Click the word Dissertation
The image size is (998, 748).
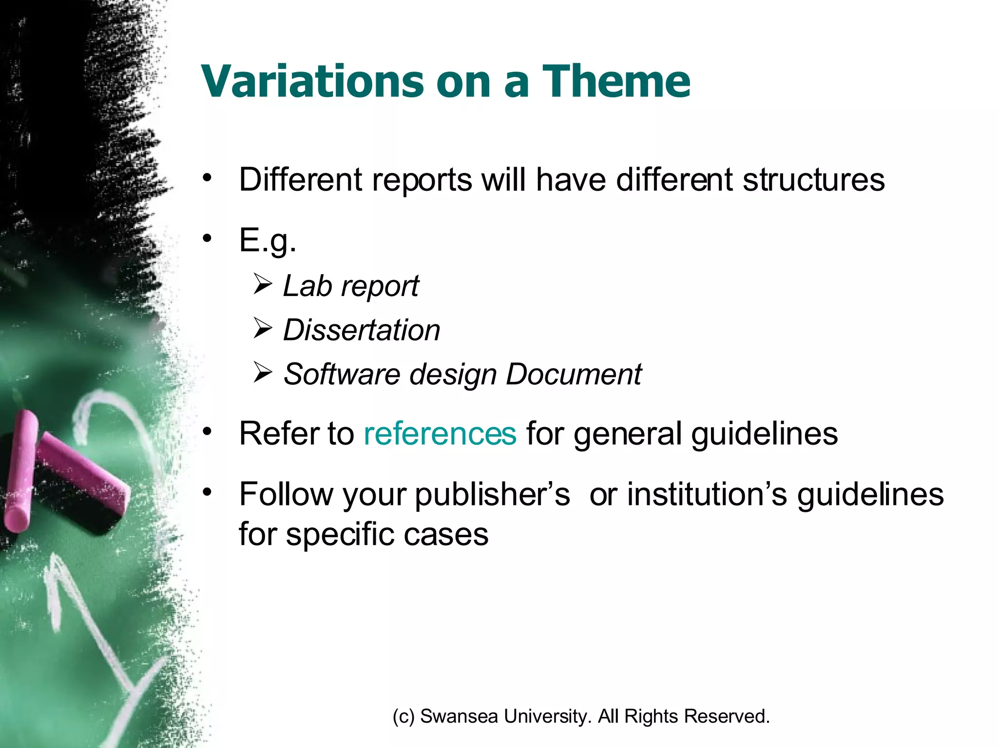click(x=362, y=330)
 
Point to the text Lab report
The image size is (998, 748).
click(x=351, y=286)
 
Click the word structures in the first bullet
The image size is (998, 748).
click(x=813, y=180)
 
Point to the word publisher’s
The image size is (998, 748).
click(x=492, y=494)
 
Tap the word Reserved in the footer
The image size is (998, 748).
click(x=727, y=716)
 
